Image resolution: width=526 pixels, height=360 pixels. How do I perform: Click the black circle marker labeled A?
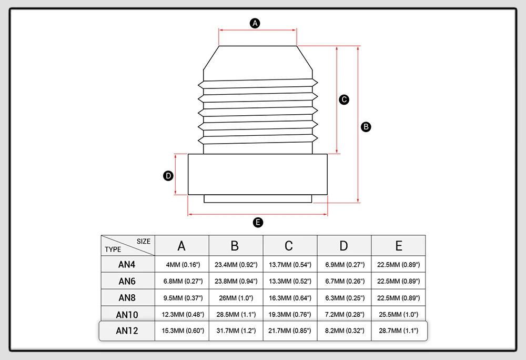click(255, 23)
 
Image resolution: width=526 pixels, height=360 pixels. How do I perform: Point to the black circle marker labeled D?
click(168, 176)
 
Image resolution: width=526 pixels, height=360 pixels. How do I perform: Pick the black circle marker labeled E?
click(258, 223)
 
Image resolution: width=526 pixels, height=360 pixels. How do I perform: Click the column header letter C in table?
click(289, 246)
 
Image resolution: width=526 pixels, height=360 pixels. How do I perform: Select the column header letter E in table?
click(398, 246)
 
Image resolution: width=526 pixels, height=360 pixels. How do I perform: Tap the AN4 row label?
click(127, 264)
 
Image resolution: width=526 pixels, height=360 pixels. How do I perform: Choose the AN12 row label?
click(127, 332)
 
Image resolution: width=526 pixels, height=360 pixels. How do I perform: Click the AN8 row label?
click(127, 298)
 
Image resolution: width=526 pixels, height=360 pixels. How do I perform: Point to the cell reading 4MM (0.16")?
click(181, 264)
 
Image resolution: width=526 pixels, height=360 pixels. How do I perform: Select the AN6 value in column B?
click(236, 281)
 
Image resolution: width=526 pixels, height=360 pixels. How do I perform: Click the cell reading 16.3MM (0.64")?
click(290, 298)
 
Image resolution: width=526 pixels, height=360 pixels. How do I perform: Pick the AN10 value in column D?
click(344, 315)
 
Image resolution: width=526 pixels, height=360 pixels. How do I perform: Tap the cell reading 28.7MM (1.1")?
click(398, 332)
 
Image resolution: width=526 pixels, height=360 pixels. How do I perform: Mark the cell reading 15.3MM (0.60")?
click(181, 332)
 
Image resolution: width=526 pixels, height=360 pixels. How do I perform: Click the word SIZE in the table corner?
click(144, 242)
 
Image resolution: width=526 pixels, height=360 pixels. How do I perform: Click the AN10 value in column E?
click(398, 315)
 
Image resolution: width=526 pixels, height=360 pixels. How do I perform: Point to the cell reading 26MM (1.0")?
click(236, 298)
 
